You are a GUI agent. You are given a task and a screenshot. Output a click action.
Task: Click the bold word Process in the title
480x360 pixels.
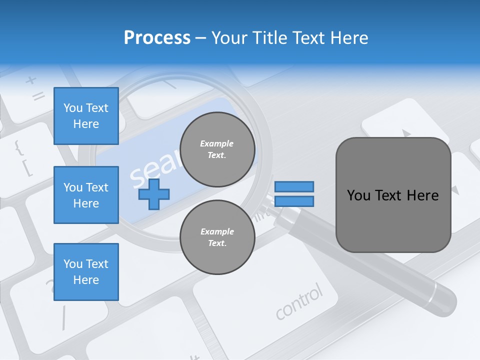(x=157, y=38)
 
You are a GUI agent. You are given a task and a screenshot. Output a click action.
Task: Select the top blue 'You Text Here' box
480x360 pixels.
(x=86, y=116)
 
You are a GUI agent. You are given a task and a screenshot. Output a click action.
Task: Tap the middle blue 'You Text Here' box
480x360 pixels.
(x=86, y=195)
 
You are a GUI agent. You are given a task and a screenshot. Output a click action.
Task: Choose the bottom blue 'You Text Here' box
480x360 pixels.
(x=86, y=272)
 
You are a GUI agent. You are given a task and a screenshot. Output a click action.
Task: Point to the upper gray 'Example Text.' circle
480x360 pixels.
(x=217, y=149)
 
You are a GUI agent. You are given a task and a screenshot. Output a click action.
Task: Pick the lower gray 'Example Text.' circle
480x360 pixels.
(x=217, y=237)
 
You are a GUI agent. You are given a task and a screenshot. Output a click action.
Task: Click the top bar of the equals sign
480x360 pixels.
(x=294, y=187)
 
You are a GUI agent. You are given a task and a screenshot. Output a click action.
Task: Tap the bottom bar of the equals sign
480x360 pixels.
(x=294, y=201)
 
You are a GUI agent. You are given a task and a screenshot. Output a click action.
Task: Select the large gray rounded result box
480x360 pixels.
(x=393, y=195)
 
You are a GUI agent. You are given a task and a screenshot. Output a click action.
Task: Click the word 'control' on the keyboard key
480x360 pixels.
(x=299, y=302)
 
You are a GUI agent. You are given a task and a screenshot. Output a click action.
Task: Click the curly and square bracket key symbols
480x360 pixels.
(x=23, y=158)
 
